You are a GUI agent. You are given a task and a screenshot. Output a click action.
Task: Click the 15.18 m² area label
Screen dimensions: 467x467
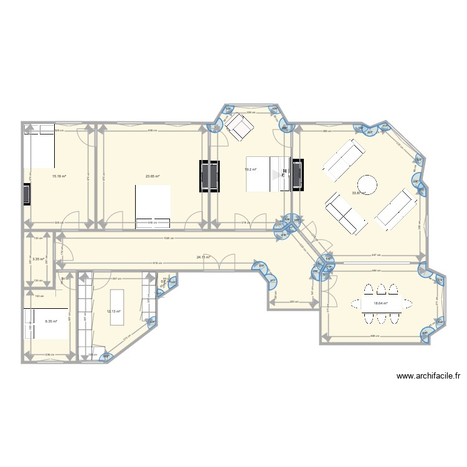click(60, 176)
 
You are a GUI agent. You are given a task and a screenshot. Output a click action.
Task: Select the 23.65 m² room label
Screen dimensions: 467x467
click(153, 176)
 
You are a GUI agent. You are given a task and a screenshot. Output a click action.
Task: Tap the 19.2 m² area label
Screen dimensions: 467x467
click(250, 169)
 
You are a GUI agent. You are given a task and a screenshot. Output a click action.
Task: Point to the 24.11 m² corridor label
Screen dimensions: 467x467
click(203, 257)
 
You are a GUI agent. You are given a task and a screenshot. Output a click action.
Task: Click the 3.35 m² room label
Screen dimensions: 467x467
click(38, 259)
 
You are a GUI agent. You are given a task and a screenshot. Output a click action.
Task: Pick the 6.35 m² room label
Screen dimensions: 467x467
click(51, 321)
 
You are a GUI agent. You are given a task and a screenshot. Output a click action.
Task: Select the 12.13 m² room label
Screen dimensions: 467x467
click(113, 311)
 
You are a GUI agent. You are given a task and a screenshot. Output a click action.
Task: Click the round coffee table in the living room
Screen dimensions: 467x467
click(367, 185)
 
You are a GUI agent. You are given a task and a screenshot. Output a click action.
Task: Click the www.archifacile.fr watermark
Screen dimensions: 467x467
click(427, 376)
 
